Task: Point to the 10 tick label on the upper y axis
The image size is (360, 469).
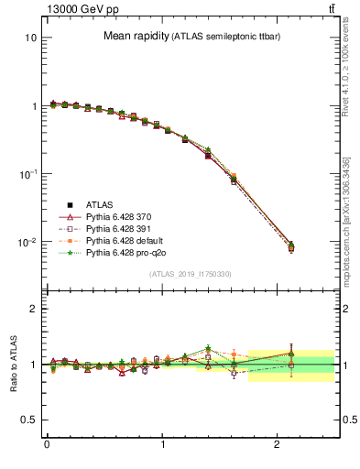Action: click(31, 38)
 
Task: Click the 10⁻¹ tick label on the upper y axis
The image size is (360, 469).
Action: click(28, 174)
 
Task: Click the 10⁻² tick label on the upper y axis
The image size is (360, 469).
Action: click(28, 243)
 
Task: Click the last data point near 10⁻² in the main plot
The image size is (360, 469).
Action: click(290, 247)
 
